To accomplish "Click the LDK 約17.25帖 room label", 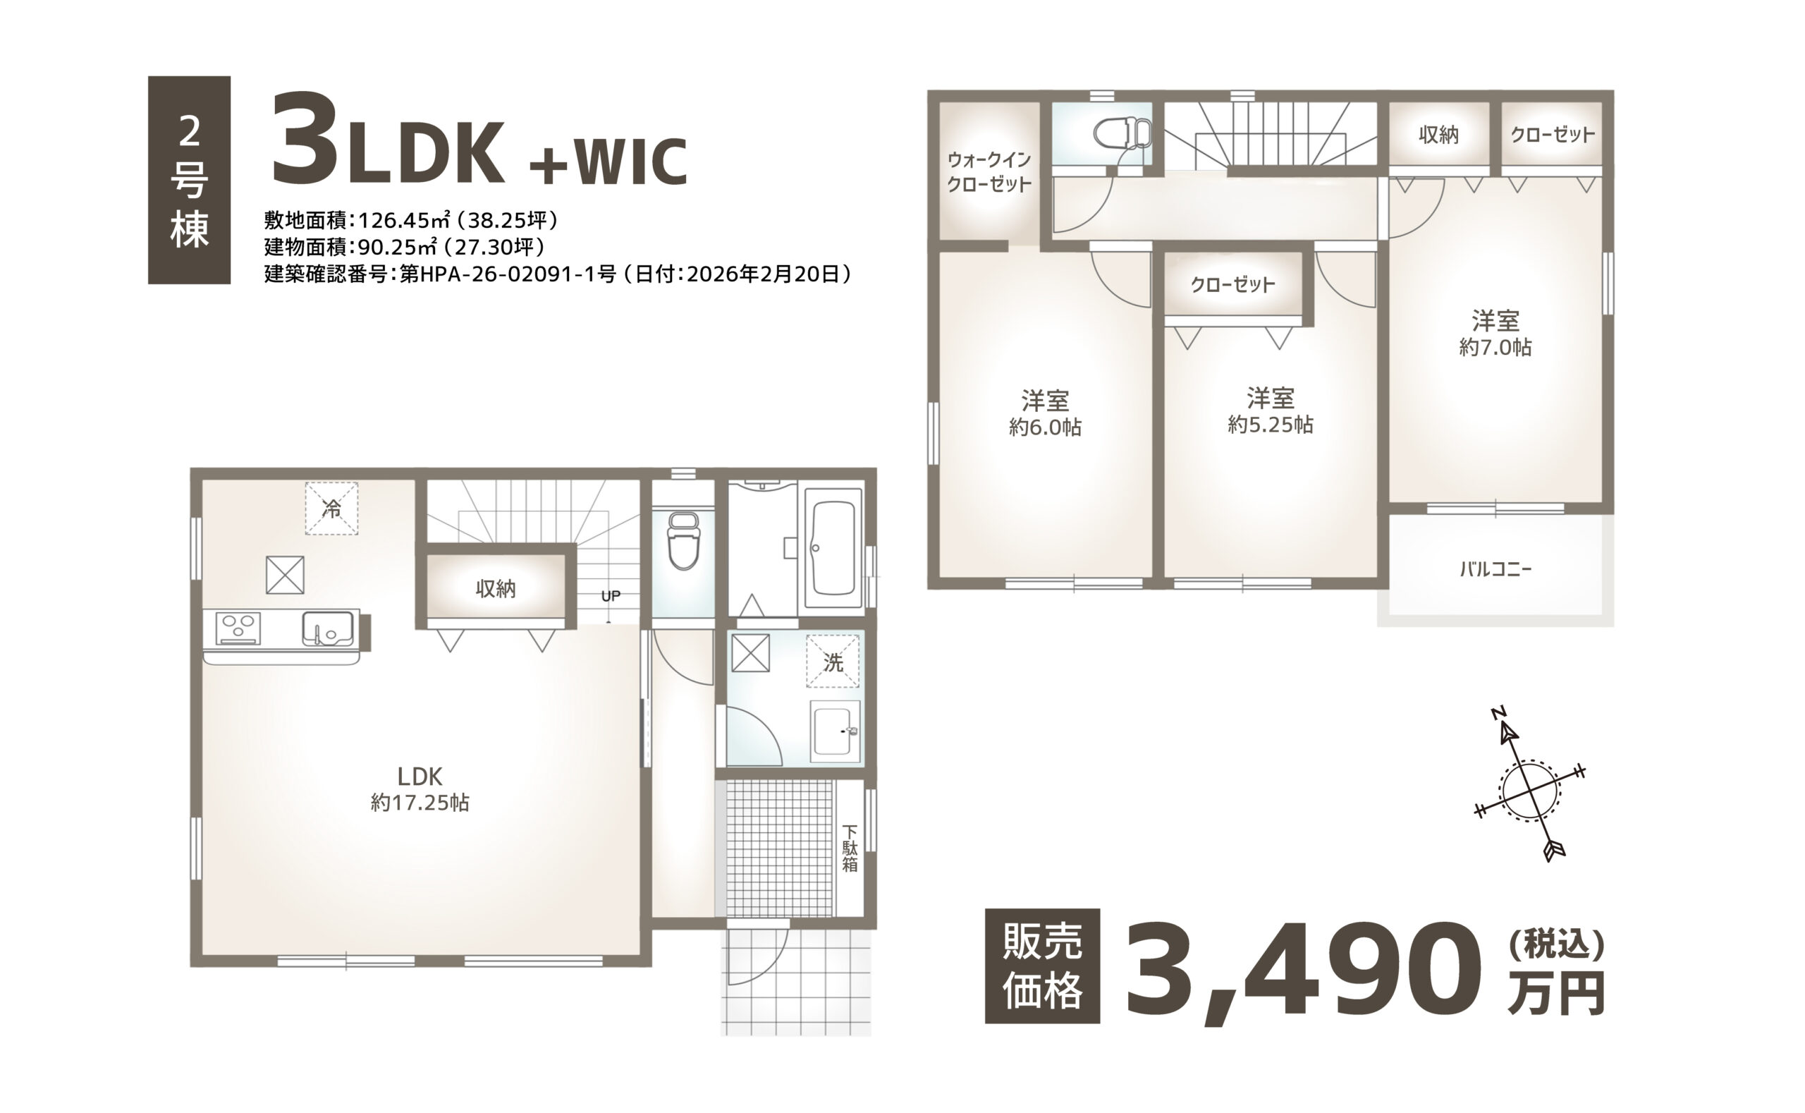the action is point(420,789).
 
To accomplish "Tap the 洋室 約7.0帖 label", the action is point(1495,334).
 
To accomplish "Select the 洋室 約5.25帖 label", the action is point(1270,410).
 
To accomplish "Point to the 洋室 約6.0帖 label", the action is point(1045,414).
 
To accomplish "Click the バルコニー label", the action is point(1495,569).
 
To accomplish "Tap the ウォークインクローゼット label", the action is point(989,171).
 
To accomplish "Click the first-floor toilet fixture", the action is point(683,541).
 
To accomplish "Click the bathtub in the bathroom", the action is point(833,549).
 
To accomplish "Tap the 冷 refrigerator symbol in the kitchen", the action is point(331,508).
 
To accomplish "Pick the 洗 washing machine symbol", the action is point(833,662).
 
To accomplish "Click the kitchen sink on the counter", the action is point(327,628).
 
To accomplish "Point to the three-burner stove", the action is point(238,628).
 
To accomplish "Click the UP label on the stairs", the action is point(611,596).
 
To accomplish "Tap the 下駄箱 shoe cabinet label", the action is point(850,849).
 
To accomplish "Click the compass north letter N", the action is point(1499,712).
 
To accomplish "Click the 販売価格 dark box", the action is point(1043,966).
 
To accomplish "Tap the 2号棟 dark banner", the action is point(189,181).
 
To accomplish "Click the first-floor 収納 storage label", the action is point(496,588).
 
